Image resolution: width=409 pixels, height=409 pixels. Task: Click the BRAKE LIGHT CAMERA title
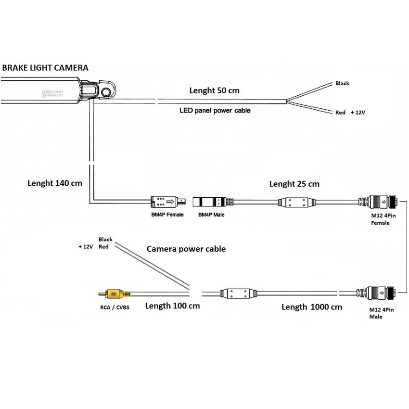[45, 68]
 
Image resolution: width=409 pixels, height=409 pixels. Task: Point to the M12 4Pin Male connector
[379, 292]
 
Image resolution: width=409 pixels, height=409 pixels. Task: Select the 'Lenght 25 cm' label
[294, 184]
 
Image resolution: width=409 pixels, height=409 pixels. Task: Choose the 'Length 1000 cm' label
[312, 307]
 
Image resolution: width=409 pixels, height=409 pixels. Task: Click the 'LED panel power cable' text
[215, 110]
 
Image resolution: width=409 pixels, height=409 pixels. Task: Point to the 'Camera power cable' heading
[186, 249]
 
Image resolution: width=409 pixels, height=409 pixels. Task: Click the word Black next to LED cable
[342, 83]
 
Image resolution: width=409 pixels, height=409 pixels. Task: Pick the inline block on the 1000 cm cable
[235, 293]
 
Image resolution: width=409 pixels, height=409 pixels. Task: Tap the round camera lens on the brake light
[105, 92]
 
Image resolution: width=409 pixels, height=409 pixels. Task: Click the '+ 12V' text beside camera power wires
[85, 246]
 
